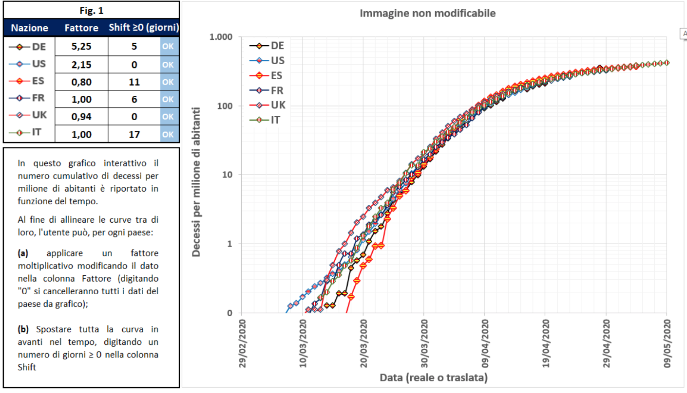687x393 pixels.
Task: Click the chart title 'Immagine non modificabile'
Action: click(x=427, y=13)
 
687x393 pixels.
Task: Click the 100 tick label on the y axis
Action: click(x=225, y=106)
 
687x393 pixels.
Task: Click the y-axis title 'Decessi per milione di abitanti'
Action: click(x=196, y=175)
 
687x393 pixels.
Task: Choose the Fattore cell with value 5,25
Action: click(x=81, y=47)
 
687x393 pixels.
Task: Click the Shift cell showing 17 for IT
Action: click(x=134, y=134)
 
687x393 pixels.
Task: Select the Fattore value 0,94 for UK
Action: click(x=81, y=117)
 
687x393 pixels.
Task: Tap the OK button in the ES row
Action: click(x=168, y=82)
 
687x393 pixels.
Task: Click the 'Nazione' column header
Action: click(x=29, y=28)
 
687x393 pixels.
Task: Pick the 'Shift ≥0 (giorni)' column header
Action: click(x=144, y=28)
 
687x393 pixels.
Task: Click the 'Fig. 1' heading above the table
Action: click(x=91, y=10)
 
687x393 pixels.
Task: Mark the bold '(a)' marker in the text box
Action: click(x=23, y=253)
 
